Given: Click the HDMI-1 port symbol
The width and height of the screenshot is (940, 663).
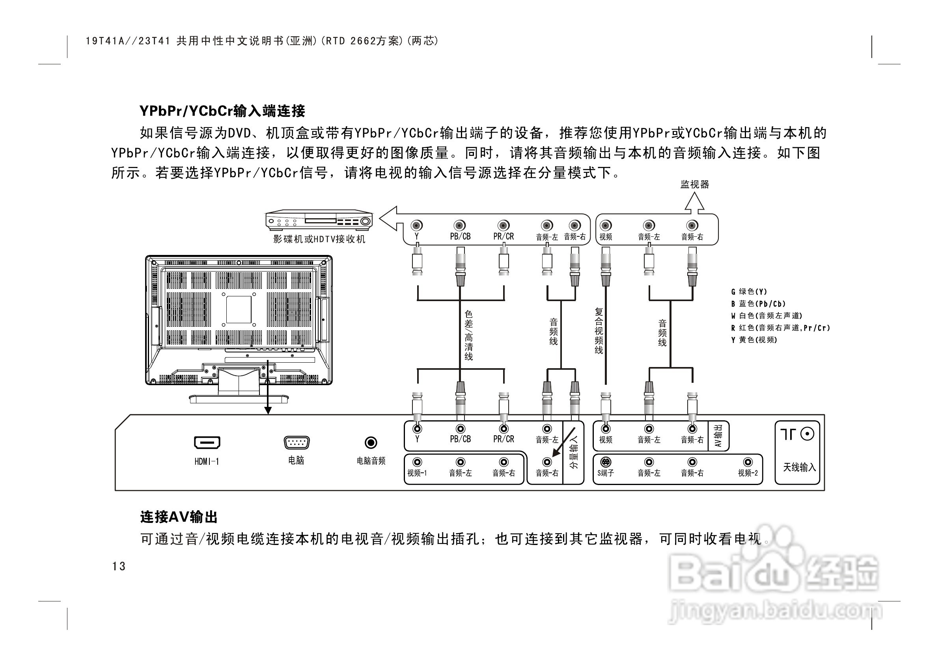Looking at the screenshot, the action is (x=207, y=442).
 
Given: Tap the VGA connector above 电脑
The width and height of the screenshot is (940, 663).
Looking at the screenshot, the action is (x=297, y=442).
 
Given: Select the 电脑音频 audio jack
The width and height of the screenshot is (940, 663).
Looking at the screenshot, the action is (x=371, y=442).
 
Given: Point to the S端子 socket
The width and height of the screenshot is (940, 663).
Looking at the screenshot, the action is (x=606, y=462).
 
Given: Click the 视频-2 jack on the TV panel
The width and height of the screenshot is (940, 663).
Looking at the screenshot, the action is (x=748, y=462).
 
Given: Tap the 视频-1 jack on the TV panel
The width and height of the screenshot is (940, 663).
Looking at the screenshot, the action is (x=417, y=462).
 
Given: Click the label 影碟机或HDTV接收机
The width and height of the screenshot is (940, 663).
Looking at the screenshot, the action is (x=319, y=239).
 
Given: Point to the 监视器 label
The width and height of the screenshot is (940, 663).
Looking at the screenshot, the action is (x=695, y=184).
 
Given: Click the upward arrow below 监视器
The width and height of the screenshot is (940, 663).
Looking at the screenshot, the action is (x=694, y=203).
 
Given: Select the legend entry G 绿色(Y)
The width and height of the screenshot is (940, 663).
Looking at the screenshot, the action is (x=749, y=292).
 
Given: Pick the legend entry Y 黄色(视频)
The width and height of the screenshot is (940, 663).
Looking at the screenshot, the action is (x=754, y=340).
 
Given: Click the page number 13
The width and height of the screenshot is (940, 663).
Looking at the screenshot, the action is (x=119, y=566).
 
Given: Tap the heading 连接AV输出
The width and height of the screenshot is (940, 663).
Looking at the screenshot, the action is (x=179, y=517).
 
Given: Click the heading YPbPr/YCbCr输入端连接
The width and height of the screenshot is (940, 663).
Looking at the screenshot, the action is (x=222, y=111).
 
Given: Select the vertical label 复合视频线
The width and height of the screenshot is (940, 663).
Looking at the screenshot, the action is (x=599, y=331).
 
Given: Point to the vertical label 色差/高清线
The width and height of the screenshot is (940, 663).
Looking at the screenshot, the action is (x=469, y=335).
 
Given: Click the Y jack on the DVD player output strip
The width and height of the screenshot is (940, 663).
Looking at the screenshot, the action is (x=417, y=225).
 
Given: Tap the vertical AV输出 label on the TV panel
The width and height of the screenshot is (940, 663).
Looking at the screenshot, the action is (x=718, y=436).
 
